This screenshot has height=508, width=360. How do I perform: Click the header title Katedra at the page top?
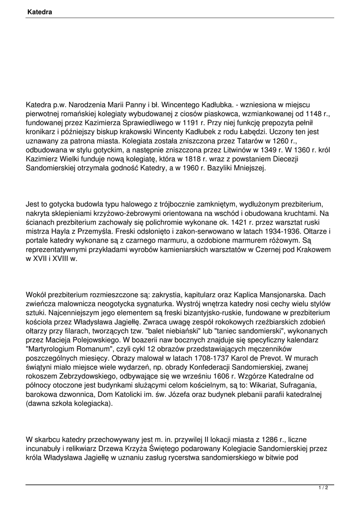coord(40,11)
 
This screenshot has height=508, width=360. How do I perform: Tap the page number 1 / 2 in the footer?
coord(323,488)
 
